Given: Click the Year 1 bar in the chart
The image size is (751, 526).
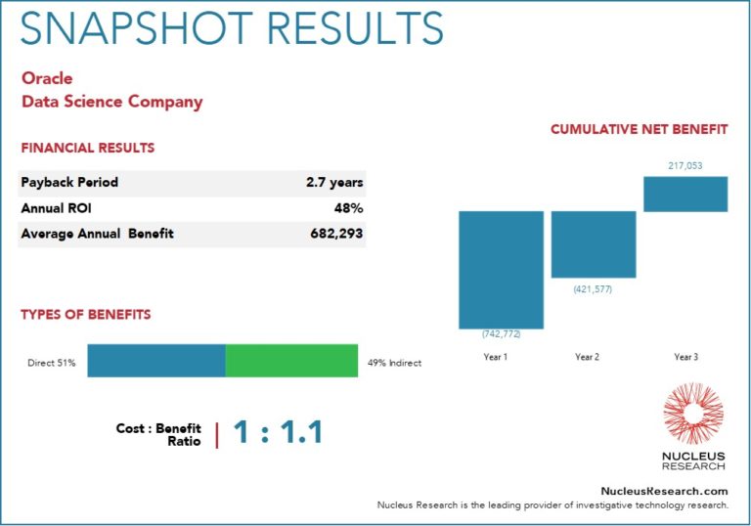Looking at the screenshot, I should pyautogui.click(x=501, y=269).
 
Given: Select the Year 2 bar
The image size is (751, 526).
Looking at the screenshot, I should pyautogui.click(x=593, y=244).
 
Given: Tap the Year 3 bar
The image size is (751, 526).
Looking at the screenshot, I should pyautogui.click(x=685, y=194).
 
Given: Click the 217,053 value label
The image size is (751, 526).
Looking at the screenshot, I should pyautogui.click(x=685, y=165).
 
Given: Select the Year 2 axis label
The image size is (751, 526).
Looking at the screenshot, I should pyautogui.click(x=587, y=357).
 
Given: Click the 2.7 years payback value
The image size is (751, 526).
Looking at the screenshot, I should pyautogui.click(x=334, y=182).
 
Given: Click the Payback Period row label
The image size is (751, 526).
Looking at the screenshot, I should pyautogui.click(x=69, y=182).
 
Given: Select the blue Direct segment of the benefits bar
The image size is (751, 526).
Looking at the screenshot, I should pyautogui.click(x=156, y=360).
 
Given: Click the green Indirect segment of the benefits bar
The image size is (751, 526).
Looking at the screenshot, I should pyautogui.click(x=291, y=360).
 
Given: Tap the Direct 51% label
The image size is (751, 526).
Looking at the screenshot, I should pyautogui.click(x=52, y=363).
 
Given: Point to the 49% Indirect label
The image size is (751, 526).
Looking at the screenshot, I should pyautogui.click(x=395, y=363).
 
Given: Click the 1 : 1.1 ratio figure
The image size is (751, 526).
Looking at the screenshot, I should pyautogui.click(x=278, y=431).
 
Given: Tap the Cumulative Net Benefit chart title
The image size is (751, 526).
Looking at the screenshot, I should pyautogui.click(x=639, y=129).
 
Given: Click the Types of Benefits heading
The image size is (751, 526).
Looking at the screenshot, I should pyautogui.click(x=86, y=315).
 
